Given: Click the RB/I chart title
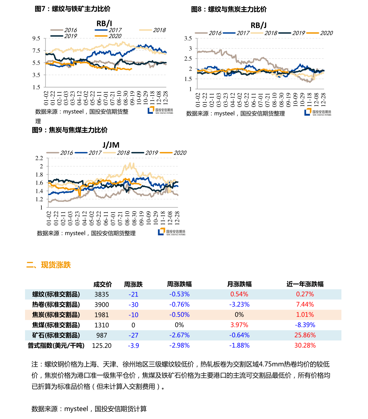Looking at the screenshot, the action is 104,24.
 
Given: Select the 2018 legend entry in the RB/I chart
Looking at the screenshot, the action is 153,30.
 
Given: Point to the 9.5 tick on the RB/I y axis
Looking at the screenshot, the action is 36,38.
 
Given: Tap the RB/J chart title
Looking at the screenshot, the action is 259,25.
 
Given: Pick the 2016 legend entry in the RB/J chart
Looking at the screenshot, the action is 208,33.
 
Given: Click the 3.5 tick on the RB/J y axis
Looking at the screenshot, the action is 188,38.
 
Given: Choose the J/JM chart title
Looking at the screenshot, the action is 111,145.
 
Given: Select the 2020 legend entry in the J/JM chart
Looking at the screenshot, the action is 173,153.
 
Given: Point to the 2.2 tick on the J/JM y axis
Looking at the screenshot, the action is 39,158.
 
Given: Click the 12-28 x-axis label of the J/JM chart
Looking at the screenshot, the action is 177,218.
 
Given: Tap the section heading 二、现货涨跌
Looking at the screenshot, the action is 49,265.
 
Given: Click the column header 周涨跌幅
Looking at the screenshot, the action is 179,284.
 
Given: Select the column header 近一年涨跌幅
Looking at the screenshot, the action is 305,284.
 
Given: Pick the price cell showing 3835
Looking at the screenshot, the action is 102,294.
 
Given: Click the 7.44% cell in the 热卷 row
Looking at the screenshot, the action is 305,304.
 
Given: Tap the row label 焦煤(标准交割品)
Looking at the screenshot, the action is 56,325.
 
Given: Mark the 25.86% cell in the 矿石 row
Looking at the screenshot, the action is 305,335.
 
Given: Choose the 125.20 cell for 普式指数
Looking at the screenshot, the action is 102,345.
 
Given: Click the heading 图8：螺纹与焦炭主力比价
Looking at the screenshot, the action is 229,9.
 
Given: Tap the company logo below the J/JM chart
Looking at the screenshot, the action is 171,232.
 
